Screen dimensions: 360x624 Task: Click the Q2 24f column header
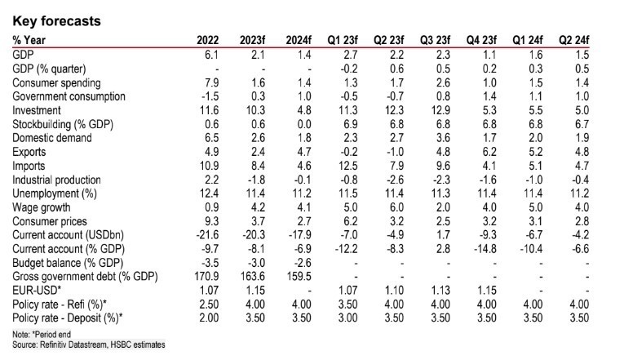click(x=591, y=40)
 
